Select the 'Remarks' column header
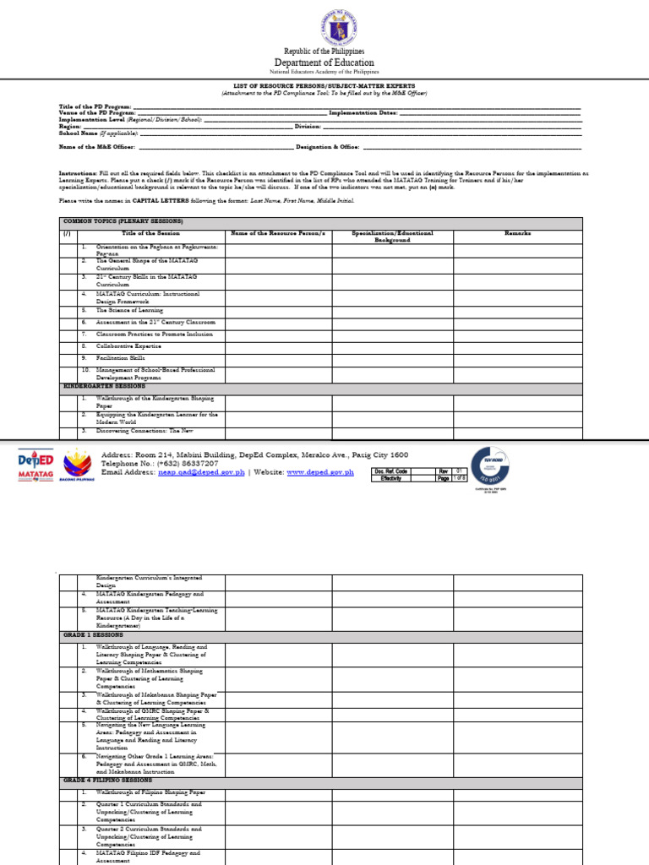point(517,232)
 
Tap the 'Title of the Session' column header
point(150,232)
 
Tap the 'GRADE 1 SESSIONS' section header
point(93,634)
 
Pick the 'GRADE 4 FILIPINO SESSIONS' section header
point(107,781)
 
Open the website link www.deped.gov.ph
point(319,473)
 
